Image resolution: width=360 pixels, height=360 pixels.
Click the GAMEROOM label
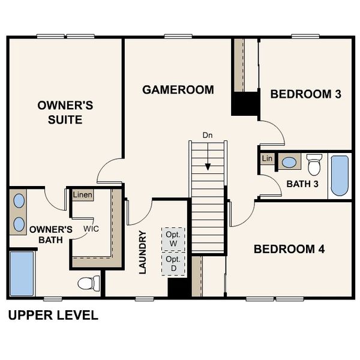tap(178, 90)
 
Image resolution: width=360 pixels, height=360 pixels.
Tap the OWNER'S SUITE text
tap(65, 113)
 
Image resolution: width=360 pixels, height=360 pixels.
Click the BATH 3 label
tap(302, 184)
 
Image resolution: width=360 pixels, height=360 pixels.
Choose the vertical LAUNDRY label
tap(143, 253)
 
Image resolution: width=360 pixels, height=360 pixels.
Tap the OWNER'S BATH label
tap(51, 235)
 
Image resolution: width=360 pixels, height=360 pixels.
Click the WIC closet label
tap(91, 229)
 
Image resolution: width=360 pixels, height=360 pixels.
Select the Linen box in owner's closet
tap(82, 196)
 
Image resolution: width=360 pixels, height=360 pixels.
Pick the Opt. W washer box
tap(173, 239)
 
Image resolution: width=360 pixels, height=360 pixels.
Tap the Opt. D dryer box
tap(173, 263)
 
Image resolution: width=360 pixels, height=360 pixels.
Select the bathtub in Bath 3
tap(340, 176)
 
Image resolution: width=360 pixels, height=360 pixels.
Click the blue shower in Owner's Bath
tap(22, 274)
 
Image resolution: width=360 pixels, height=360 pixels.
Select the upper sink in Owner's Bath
tap(19, 200)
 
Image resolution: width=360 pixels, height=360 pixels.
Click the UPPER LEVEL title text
tap(53, 316)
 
